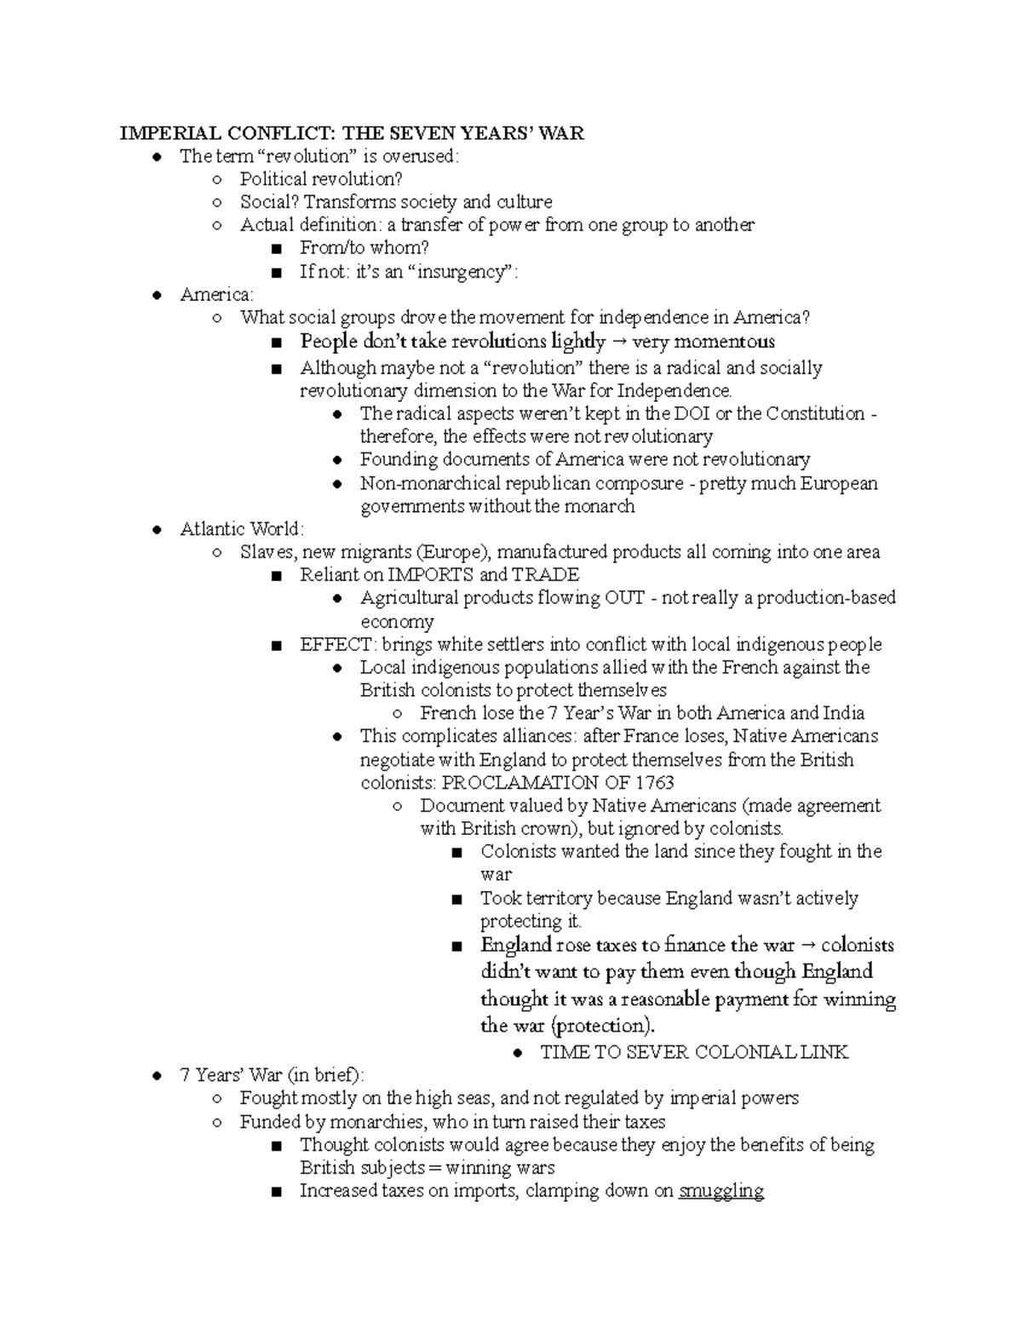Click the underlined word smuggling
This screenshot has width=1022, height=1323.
pos(721,1191)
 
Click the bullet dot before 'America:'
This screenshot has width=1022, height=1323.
pos(156,295)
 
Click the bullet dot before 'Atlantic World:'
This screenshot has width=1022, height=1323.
pos(156,529)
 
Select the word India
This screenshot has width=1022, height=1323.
pos(843,713)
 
